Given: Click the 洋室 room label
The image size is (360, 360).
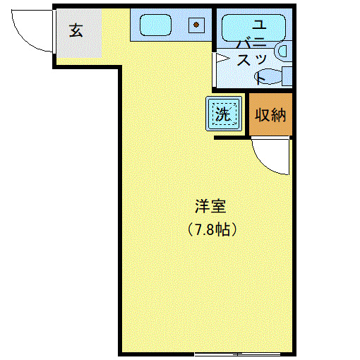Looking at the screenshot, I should pos(210,207).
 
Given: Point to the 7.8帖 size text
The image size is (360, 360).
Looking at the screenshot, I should pos(210,229).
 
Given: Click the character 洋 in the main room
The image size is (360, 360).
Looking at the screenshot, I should pos(202,207).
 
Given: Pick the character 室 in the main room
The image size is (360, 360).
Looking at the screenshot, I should pos(218,207).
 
